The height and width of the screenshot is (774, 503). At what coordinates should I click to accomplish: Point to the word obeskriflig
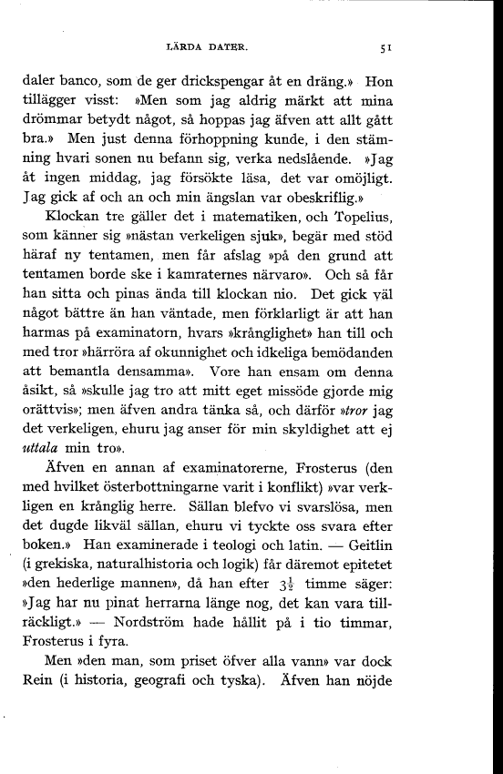[x=333, y=221]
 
